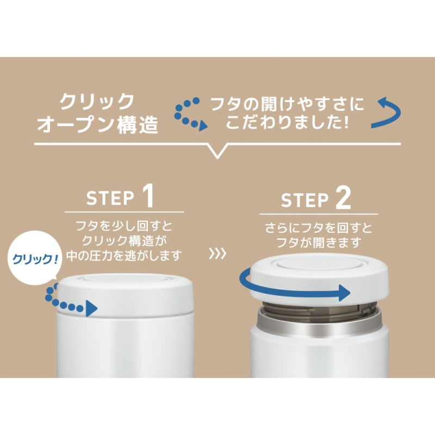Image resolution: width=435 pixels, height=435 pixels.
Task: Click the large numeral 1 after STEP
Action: [x=148, y=196]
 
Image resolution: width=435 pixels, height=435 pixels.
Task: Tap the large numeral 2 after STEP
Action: [x=343, y=197]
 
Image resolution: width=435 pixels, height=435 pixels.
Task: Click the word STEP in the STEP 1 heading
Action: [x=110, y=198]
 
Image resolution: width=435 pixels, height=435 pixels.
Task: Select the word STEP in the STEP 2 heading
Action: [x=304, y=200]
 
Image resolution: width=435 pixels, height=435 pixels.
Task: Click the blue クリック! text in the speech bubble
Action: [x=35, y=259]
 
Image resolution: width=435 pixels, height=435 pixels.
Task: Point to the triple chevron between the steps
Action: [x=217, y=253]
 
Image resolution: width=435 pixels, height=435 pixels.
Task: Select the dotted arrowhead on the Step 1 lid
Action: [x=91, y=308]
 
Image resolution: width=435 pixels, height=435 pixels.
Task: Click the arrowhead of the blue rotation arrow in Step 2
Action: [x=345, y=293]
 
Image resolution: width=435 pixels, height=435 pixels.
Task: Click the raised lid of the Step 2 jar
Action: [x=319, y=279]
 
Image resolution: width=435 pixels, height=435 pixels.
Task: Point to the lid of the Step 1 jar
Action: [x=126, y=294]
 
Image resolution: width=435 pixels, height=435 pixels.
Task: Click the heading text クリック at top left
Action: [x=97, y=102]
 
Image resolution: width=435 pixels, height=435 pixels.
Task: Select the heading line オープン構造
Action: [x=98, y=125]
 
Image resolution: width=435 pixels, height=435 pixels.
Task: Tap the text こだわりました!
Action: [x=287, y=122]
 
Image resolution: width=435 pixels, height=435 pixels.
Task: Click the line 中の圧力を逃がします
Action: [x=124, y=255]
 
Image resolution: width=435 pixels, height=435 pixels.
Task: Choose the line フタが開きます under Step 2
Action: [x=319, y=242]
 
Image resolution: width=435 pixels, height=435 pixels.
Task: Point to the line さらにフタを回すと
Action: [x=319, y=228]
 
